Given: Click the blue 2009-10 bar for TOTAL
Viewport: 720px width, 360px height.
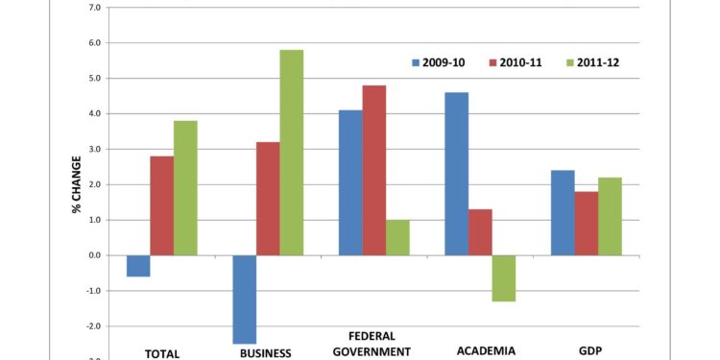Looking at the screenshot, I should click(x=138, y=266).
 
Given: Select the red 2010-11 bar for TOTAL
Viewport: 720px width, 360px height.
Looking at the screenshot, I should click(x=162, y=205).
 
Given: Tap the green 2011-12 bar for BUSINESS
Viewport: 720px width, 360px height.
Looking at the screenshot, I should click(x=292, y=153).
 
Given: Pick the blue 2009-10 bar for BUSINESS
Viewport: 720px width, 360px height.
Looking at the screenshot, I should click(x=245, y=299).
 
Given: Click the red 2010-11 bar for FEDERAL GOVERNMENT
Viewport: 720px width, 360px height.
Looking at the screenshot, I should click(x=374, y=170).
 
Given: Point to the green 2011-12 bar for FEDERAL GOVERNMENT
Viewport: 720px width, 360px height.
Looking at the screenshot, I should click(x=397, y=237).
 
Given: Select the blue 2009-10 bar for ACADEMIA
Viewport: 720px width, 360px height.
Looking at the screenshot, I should click(x=457, y=174).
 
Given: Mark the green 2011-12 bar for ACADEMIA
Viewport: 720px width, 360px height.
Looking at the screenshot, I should click(x=504, y=278).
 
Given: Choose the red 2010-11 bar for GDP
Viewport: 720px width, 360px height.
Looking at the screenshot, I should click(x=587, y=224).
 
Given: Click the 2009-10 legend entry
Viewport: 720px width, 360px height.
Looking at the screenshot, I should click(x=438, y=62).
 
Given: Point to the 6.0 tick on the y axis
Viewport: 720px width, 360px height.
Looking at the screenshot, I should click(x=94, y=43).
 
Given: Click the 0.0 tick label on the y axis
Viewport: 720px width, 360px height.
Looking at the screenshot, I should click(x=94, y=255).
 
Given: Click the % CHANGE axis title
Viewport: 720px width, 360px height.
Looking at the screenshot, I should click(x=77, y=183).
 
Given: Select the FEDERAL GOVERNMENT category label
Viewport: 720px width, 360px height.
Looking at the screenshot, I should click(x=372, y=344).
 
